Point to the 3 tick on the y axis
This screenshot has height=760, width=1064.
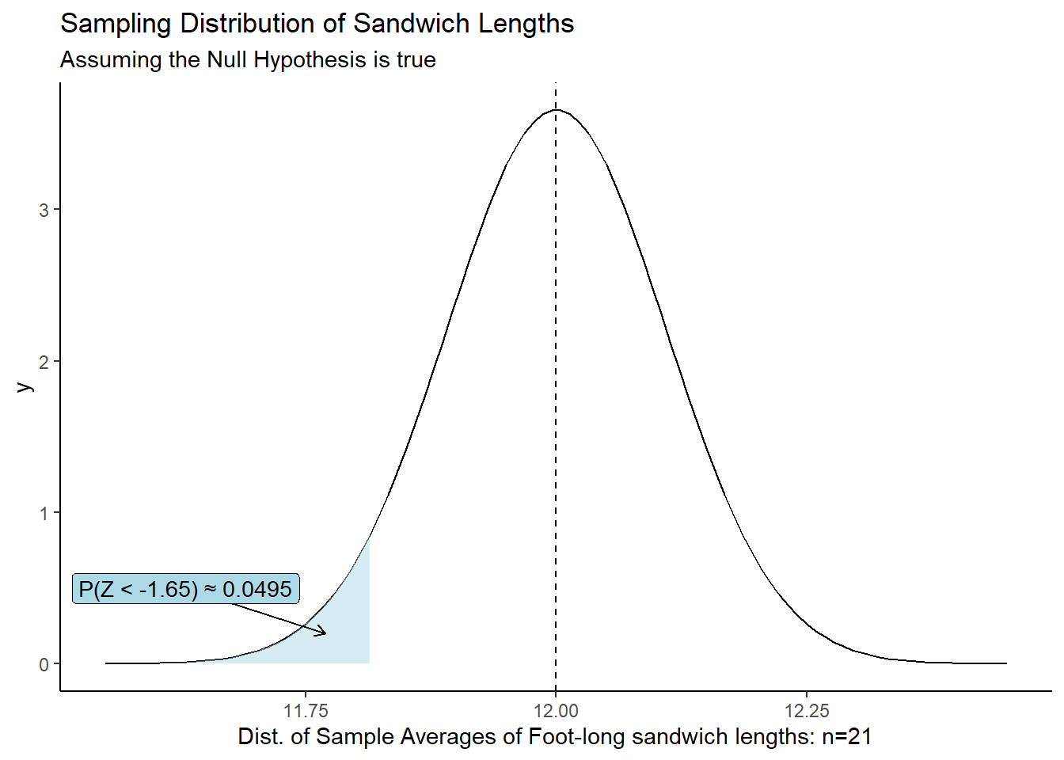tap(44, 211)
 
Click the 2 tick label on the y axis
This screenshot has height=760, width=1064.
tap(44, 362)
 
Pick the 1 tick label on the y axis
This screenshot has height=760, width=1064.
tap(44, 513)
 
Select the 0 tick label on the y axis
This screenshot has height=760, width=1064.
tap(44, 664)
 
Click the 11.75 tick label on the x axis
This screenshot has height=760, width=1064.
tap(306, 710)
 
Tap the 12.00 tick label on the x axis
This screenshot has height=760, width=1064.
tap(556, 710)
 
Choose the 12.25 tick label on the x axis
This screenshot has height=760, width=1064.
tap(807, 710)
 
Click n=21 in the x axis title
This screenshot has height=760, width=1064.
tap(846, 737)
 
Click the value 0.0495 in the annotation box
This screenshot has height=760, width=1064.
tap(257, 589)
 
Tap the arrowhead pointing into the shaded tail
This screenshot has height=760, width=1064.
tap(323, 633)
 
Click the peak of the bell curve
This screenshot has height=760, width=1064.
tap(556, 110)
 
